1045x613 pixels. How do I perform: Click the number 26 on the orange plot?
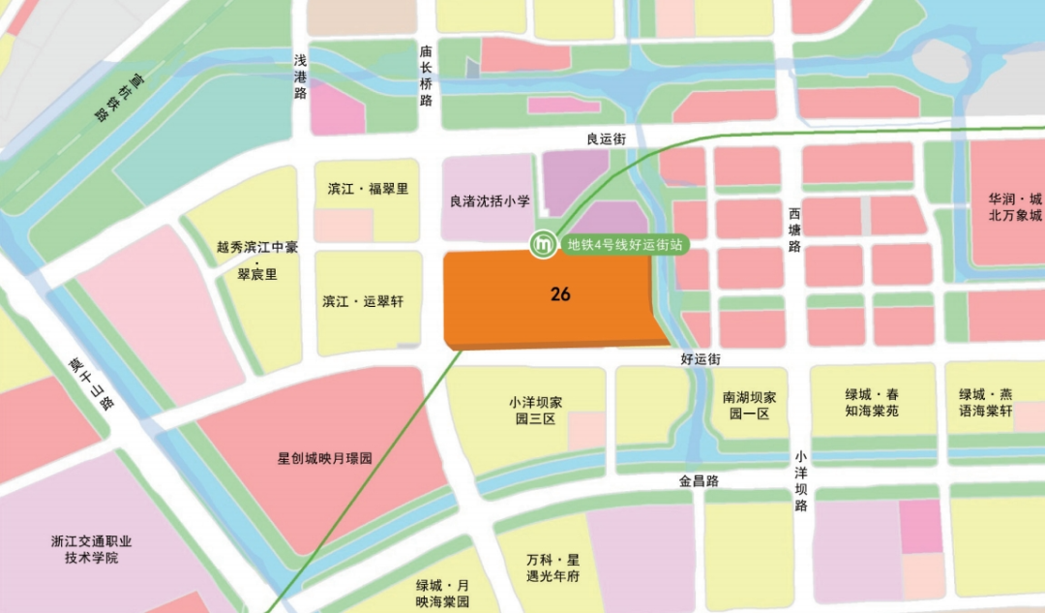pos(560,294)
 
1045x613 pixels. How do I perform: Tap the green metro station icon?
pos(544,245)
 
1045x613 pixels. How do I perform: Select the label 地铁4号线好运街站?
pos(624,245)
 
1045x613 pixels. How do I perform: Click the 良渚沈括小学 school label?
pos(491,202)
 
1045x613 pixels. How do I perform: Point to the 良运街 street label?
pos(607,139)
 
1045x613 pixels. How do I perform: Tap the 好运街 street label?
pos(701,359)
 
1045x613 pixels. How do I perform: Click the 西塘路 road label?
pos(794,229)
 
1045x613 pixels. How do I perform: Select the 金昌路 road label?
pos(698,480)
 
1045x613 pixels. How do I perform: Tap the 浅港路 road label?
pos(301,77)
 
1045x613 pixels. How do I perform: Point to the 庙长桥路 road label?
pos(426,77)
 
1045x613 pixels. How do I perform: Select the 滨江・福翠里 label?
pos(368,189)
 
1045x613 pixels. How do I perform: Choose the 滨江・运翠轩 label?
pos(364,302)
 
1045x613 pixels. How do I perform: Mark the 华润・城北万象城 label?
pos(1015,206)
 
